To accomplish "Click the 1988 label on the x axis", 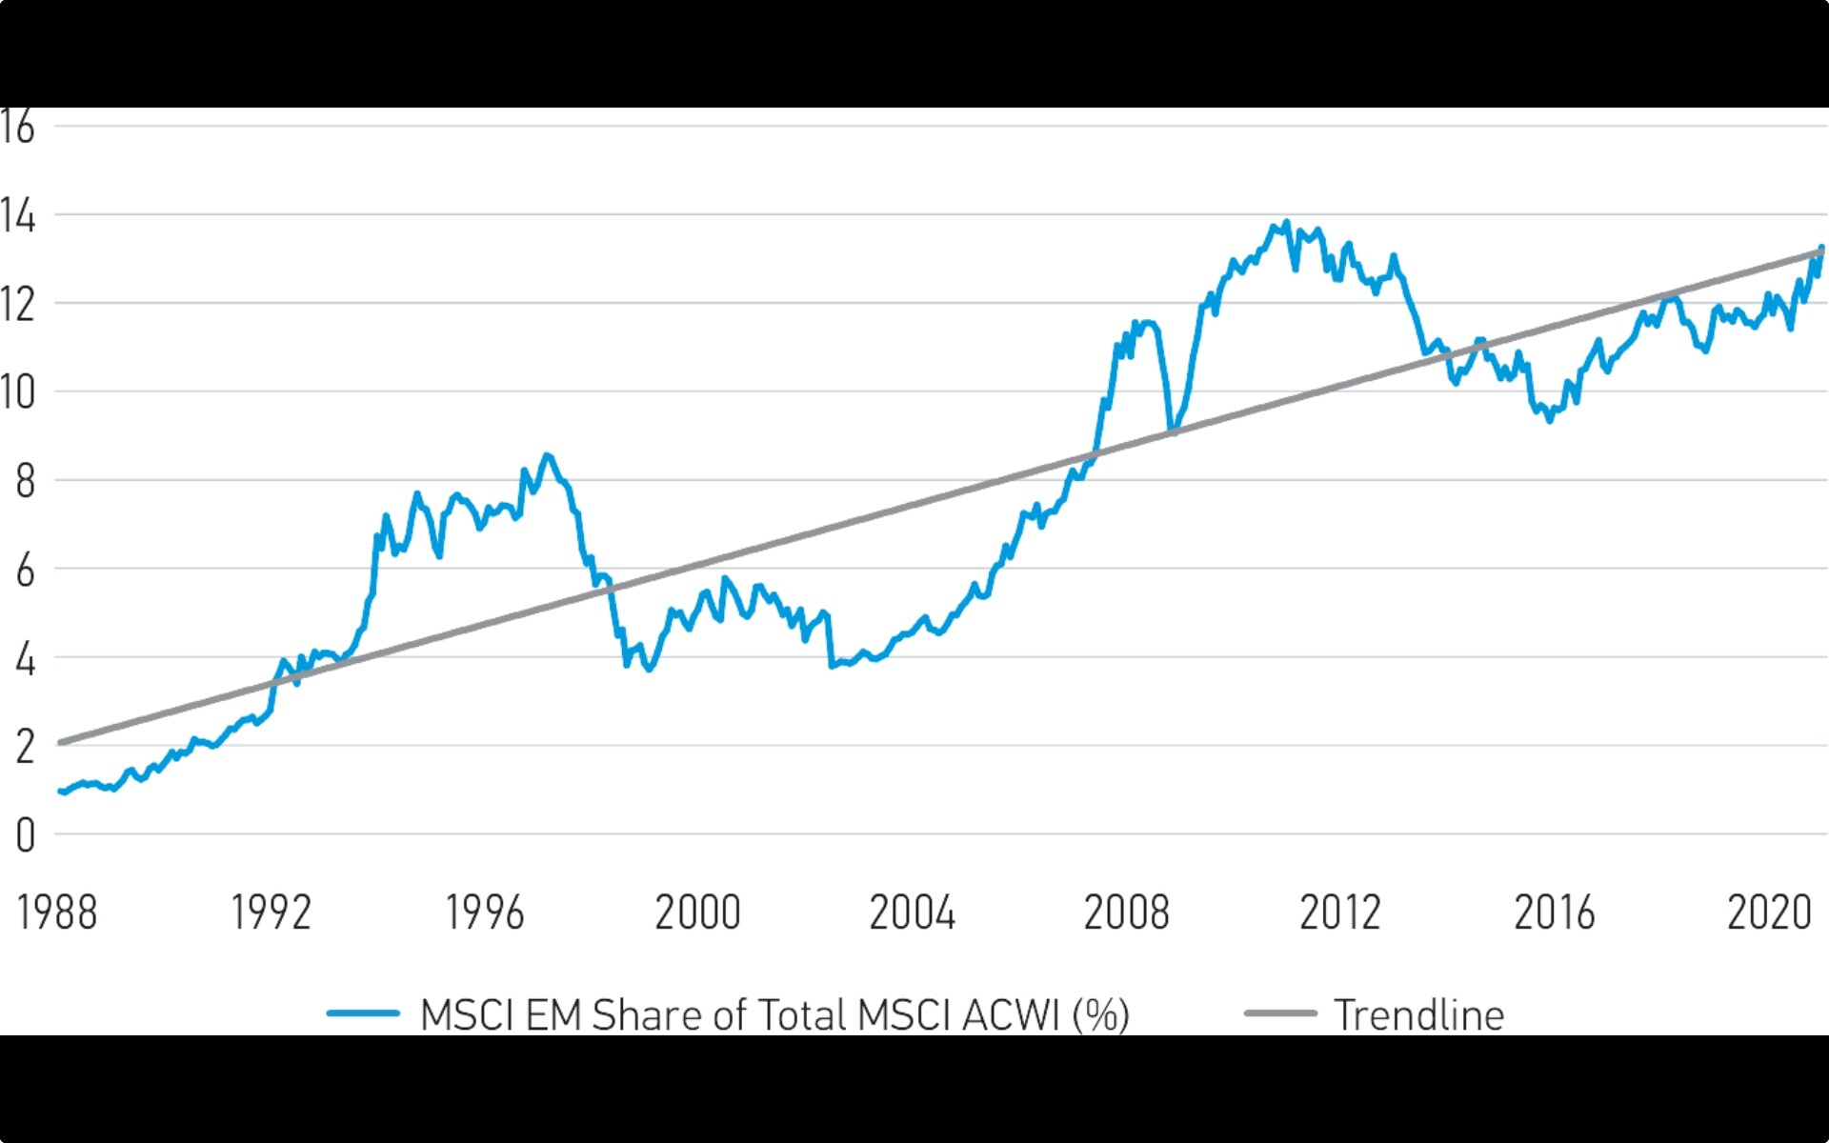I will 57,912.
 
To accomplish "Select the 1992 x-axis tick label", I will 271,912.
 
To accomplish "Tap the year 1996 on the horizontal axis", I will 485,912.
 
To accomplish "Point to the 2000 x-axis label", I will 698,912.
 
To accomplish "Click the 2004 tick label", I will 913,912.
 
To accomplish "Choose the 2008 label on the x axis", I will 1127,912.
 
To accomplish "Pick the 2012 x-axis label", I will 1340,912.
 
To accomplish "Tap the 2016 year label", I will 1555,912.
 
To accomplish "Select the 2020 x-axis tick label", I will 1769,912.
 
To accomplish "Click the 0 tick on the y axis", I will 26,835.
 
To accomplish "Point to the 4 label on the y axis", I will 26,659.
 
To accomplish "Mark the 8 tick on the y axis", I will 26,482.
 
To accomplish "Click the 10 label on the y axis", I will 18,392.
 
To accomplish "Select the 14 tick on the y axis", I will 18,216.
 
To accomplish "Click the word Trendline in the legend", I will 1419,1015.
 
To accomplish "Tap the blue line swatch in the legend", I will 363,1013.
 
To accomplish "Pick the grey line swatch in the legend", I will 1280,1013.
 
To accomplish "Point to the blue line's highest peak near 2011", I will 1287,223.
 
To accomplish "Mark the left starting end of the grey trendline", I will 60,742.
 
